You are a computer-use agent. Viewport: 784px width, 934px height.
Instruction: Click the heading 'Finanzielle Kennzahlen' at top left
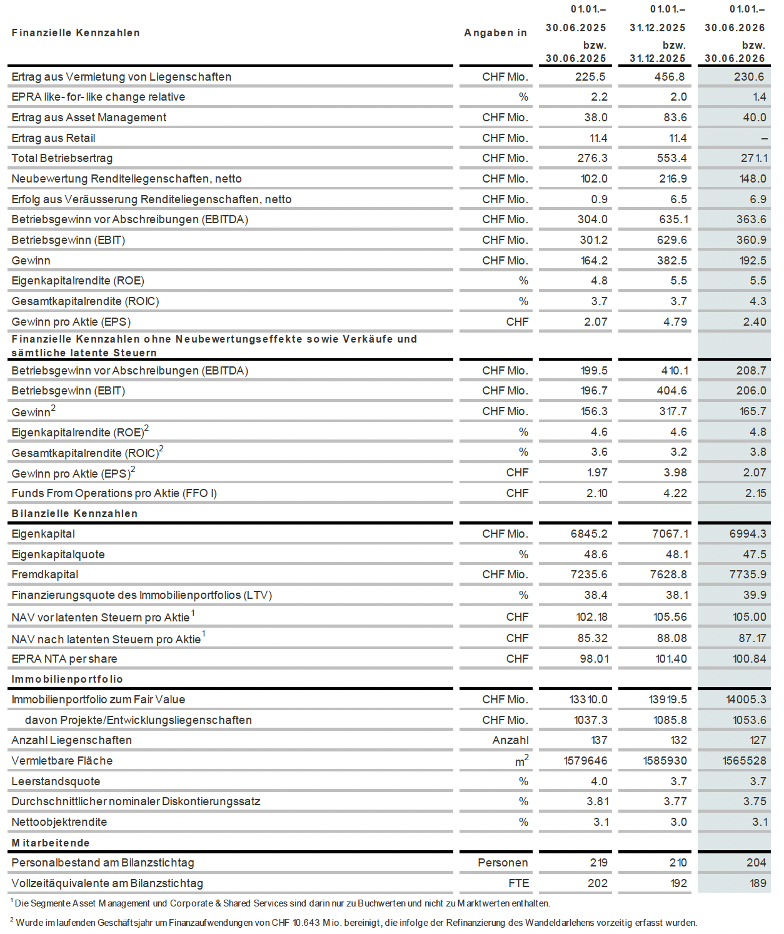(x=76, y=33)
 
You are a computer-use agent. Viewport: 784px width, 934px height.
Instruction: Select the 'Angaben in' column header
(x=495, y=33)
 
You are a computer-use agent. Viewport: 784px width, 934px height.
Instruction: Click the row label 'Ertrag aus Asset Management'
(x=89, y=118)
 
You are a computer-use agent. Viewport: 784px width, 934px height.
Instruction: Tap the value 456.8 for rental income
(x=670, y=77)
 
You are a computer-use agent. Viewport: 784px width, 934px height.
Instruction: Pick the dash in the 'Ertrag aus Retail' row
(x=765, y=139)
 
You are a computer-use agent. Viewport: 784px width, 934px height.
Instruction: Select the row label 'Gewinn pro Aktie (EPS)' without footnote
(x=71, y=322)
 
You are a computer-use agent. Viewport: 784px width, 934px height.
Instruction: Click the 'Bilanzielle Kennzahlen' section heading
(x=74, y=513)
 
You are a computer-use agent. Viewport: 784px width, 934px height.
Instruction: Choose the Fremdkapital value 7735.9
(x=748, y=575)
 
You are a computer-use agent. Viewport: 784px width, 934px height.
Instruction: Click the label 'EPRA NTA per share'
(x=64, y=659)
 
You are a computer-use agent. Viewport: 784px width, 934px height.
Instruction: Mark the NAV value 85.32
(x=592, y=638)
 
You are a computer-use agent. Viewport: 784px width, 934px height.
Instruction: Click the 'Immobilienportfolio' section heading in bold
(x=67, y=679)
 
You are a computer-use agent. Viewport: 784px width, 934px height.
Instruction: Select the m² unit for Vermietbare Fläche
(x=521, y=760)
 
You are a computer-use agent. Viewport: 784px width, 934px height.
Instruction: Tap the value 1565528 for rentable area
(x=744, y=761)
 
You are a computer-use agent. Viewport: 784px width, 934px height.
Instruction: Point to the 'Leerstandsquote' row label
(x=56, y=781)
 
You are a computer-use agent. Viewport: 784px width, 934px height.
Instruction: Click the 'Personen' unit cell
(x=503, y=863)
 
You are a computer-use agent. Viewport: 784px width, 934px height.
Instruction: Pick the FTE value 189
(x=756, y=883)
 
